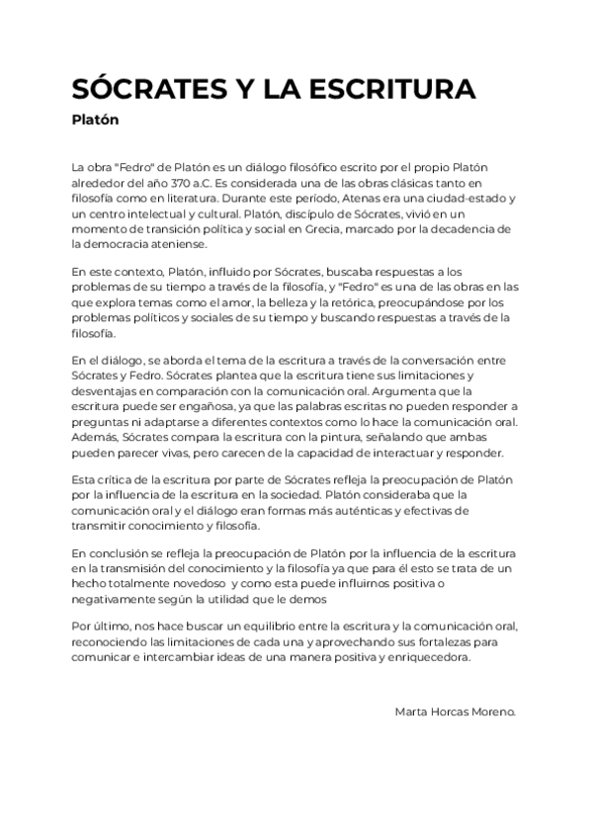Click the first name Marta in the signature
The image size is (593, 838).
pos(412,711)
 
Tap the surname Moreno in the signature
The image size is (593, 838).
pos(490,711)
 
